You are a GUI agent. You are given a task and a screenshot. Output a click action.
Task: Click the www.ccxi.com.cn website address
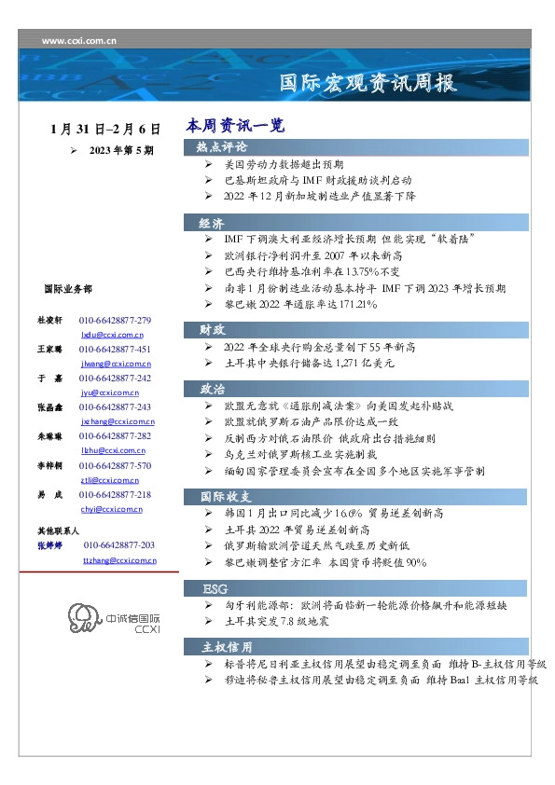[80, 41]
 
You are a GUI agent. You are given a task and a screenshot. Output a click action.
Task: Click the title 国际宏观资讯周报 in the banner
[368, 83]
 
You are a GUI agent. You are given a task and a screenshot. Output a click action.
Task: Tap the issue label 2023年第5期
[121, 150]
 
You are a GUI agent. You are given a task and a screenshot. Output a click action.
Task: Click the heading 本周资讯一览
[234, 125]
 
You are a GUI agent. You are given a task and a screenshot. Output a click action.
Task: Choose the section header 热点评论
[222, 147]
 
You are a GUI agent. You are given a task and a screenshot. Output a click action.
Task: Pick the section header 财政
[212, 329]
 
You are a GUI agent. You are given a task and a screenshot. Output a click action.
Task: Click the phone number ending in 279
[115, 321]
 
